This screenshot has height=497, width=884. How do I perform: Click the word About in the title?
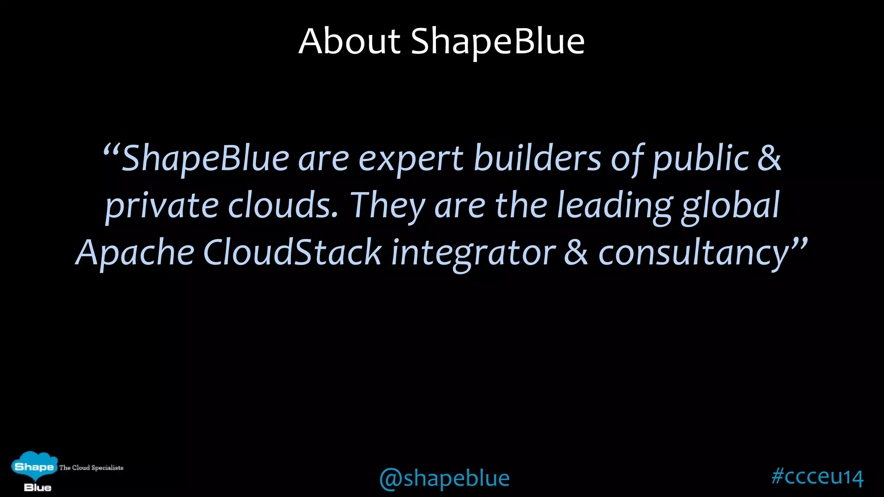coord(350,41)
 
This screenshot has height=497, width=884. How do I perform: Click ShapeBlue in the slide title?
coord(497,41)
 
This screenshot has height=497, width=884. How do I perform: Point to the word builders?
coord(537,158)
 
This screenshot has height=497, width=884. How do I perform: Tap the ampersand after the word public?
coord(769,158)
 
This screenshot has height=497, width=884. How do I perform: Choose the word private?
coord(162,206)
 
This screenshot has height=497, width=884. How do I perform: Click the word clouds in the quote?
coord(283,206)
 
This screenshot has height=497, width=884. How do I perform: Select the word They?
coord(387,206)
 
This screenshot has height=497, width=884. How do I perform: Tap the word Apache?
coord(135,253)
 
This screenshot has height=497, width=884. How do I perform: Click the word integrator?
coord(473,253)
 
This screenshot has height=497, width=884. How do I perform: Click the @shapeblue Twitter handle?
coord(444,478)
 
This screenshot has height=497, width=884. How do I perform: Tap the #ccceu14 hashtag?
coord(817,477)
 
